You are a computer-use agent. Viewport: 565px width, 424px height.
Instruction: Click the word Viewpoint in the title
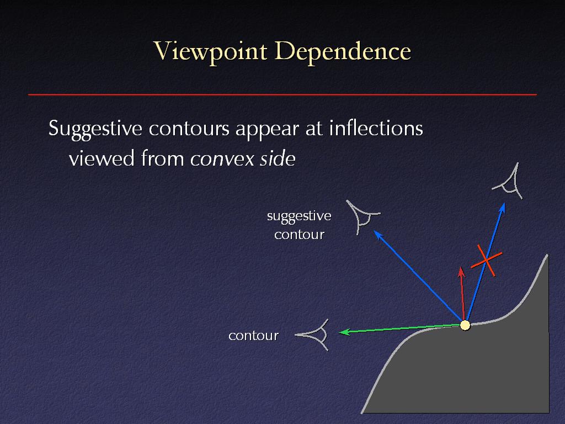click(x=210, y=51)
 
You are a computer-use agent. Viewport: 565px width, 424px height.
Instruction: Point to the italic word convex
click(x=222, y=158)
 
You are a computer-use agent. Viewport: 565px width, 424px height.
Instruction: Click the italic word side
click(x=278, y=158)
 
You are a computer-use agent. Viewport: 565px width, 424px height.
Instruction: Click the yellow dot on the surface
click(x=465, y=325)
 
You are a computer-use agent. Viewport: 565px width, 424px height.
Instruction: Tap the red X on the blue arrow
click(x=487, y=261)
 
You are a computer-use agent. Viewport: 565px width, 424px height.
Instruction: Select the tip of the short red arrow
click(x=461, y=267)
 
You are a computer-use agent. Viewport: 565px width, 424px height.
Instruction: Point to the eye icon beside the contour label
click(x=313, y=335)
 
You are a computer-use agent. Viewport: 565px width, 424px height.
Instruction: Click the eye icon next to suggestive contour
click(x=362, y=216)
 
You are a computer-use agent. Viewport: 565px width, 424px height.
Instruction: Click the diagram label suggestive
click(x=299, y=216)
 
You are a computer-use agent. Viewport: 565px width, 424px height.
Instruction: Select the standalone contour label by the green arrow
click(x=254, y=336)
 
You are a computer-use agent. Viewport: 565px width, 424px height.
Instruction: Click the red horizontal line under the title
click(x=282, y=94)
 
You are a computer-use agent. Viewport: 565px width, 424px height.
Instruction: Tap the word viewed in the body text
click(x=102, y=158)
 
